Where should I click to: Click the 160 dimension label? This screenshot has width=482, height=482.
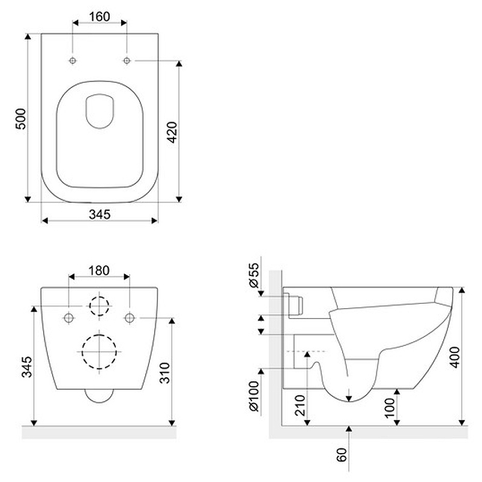[x=99, y=17]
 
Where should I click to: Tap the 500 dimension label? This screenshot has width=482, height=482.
[x=21, y=119]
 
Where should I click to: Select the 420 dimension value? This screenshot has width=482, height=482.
[x=172, y=132]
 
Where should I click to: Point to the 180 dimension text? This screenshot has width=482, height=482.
[x=99, y=271]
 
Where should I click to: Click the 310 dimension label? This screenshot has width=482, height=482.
[x=164, y=373]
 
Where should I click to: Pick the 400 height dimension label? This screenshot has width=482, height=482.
[x=455, y=357]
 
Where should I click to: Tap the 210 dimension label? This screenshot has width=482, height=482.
[x=300, y=405]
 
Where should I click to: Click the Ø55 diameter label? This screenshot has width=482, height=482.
[x=254, y=275]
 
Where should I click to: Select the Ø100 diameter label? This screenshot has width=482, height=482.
[x=254, y=396]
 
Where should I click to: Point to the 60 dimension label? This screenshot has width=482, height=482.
[x=342, y=455]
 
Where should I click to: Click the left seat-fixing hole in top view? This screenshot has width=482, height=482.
[x=72, y=61]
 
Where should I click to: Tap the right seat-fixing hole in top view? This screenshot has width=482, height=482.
[x=127, y=61]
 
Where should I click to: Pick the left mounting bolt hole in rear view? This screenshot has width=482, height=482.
[x=69, y=318]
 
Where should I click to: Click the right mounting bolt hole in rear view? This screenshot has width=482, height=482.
[x=130, y=318]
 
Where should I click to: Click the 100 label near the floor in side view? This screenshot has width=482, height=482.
[x=390, y=408]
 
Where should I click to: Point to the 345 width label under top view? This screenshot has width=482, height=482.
[x=99, y=214]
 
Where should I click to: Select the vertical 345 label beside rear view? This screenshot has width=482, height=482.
[x=27, y=367]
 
